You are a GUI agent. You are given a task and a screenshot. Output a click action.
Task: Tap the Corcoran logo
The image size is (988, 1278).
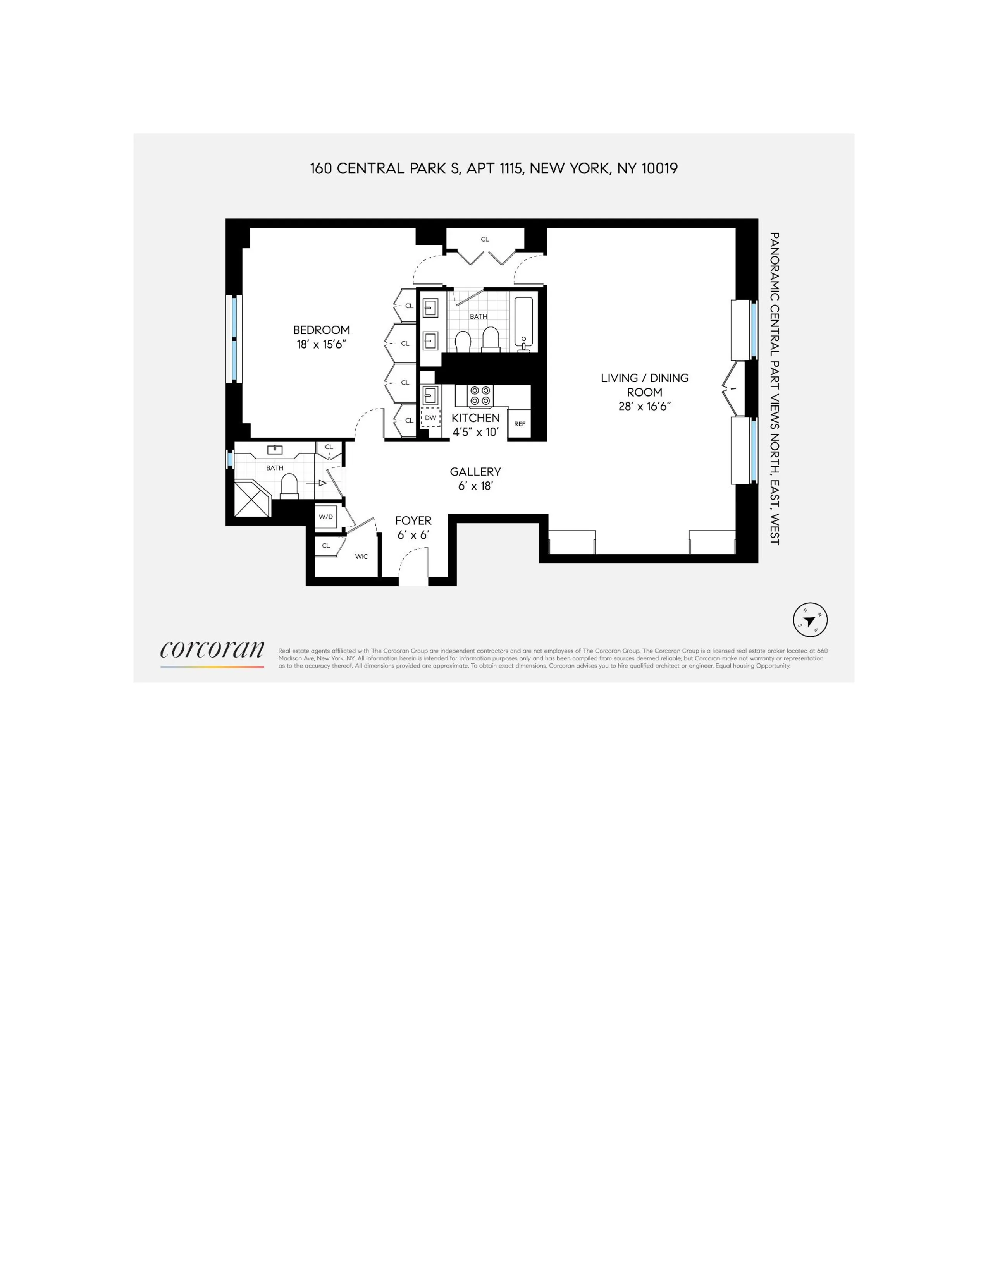[x=212, y=650]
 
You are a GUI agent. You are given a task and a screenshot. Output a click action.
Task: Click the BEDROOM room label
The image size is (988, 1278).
[x=321, y=330]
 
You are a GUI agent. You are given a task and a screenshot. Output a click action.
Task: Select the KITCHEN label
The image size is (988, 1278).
[x=475, y=418]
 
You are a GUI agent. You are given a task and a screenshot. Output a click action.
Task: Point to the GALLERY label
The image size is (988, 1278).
[x=475, y=472]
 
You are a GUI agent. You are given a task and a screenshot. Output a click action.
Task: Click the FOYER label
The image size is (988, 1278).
[x=413, y=520]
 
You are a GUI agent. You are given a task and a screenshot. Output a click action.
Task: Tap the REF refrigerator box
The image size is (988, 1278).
[x=520, y=424]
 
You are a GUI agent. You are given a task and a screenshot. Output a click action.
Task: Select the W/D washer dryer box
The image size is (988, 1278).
[x=325, y=517]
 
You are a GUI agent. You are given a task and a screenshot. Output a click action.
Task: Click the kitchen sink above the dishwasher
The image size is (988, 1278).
[x=430, y=394]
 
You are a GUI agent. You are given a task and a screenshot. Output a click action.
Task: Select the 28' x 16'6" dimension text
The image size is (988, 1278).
[x=644, y=406]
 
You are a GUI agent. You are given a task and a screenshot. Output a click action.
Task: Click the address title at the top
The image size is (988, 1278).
[x=493, y=168]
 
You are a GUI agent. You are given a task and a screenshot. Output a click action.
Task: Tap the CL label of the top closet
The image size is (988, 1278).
[x=485, y=239]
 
